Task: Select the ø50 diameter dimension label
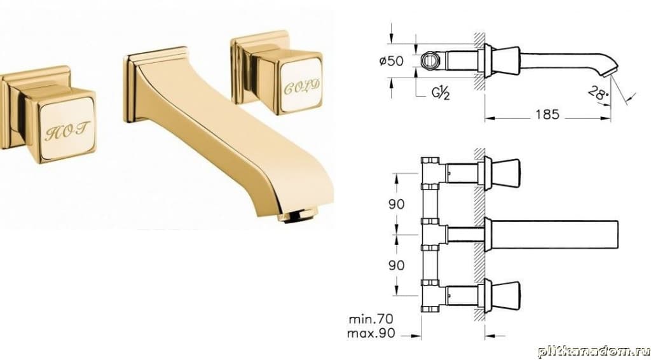pos(392,61)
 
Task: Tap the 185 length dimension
pos(547,114)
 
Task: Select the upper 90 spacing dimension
pos(396,204)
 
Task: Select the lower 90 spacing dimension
pos(396,265)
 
